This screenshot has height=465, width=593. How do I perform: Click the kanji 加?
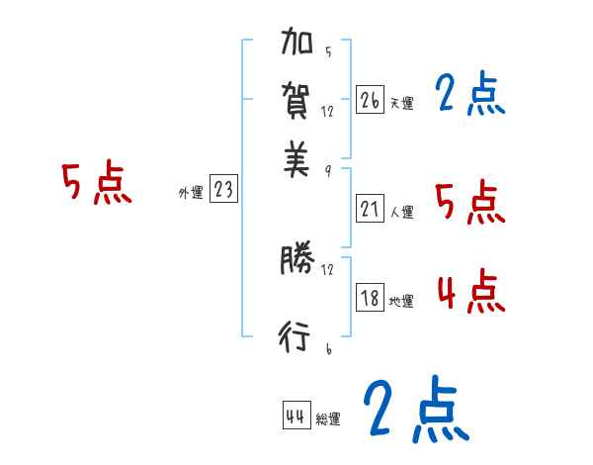297,44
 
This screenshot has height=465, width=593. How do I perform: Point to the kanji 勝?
296,260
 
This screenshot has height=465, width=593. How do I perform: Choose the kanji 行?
296,337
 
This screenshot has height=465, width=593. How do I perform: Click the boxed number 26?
370,100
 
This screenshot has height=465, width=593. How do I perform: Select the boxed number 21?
370,208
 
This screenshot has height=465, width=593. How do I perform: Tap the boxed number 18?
370,297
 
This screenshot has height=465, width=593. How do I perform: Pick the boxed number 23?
223,190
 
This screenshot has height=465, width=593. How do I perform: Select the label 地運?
401,301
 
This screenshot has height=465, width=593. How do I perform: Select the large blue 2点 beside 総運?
414,408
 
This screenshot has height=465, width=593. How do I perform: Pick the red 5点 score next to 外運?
97,185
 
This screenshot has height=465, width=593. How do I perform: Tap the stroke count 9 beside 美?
327,170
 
